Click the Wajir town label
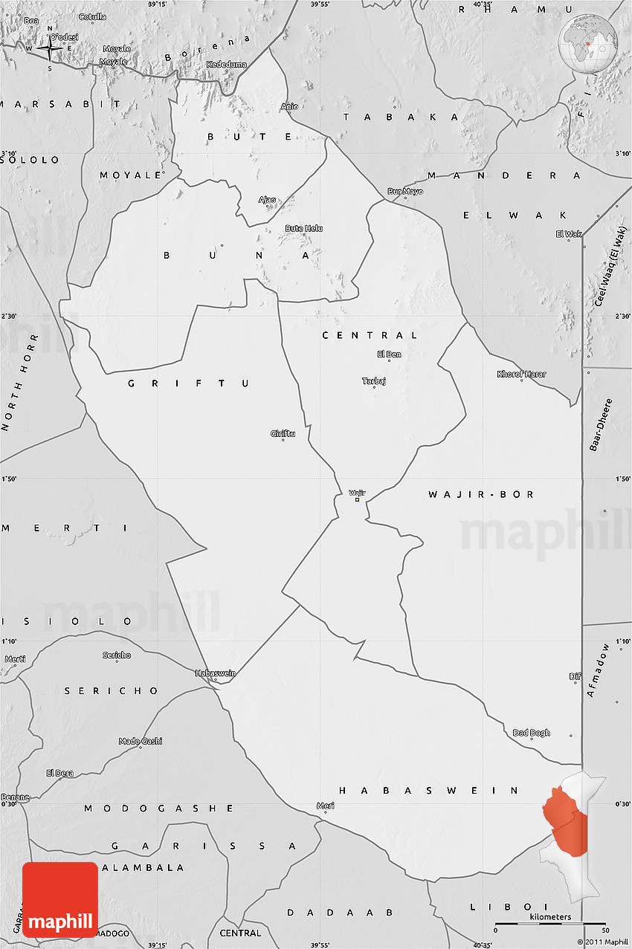(x=357, y=492)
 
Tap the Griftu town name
(x=283, y=433)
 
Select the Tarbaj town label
(x=374, y=381)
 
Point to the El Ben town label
(x=389, y=354)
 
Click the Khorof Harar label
(x=521, y=374)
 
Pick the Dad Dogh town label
(x=532, y=733)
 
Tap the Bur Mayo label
(x=405, y=192)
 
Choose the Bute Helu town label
(x=303, y=228)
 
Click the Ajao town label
(x=267, y=199)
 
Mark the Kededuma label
(x=227, y=65)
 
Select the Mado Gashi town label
(x=141, y=741)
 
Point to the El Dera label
(x=59, y=773)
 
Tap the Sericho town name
(x=117, y=655)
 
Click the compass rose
(x=50, y=49)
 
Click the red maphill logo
(x=60, y=900)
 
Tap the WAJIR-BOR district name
(x=481, y=494)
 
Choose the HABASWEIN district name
(x=429, y=791)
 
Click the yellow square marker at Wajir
(x=357, y=500)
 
